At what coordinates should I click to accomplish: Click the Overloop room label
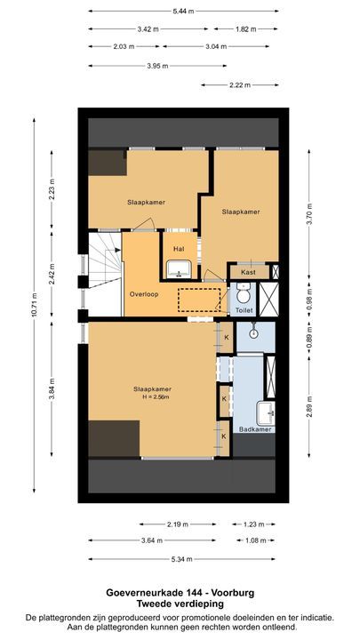(x=143, y=294)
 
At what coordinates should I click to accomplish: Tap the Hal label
(x=178, y=249)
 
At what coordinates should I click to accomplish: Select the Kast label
(x=248, y=272)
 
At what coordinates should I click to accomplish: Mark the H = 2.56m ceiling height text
(x=152, y=398)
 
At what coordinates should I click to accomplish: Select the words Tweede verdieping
(x=180, y=603)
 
